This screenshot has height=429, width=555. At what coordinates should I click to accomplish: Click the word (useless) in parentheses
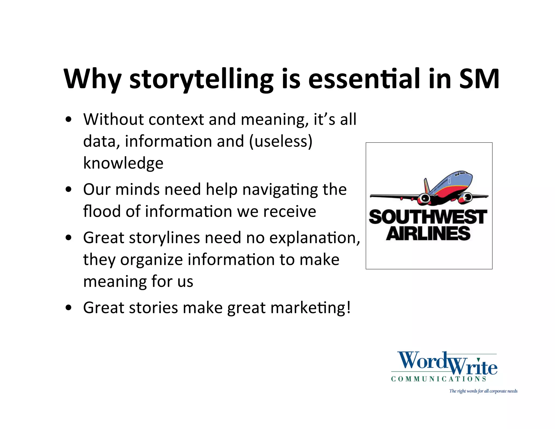(281, 141)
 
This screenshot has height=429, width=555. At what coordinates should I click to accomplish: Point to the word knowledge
(123, 163)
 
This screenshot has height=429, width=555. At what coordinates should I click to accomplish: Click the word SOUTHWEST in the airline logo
(428, 217)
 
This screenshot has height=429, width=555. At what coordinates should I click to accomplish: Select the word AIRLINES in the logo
(428, 233)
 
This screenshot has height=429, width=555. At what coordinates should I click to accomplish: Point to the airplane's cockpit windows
(462, 173)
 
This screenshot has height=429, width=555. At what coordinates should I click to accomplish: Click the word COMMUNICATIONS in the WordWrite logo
(438, 379)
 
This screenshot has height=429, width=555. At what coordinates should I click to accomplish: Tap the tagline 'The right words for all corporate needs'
(483, 391)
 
